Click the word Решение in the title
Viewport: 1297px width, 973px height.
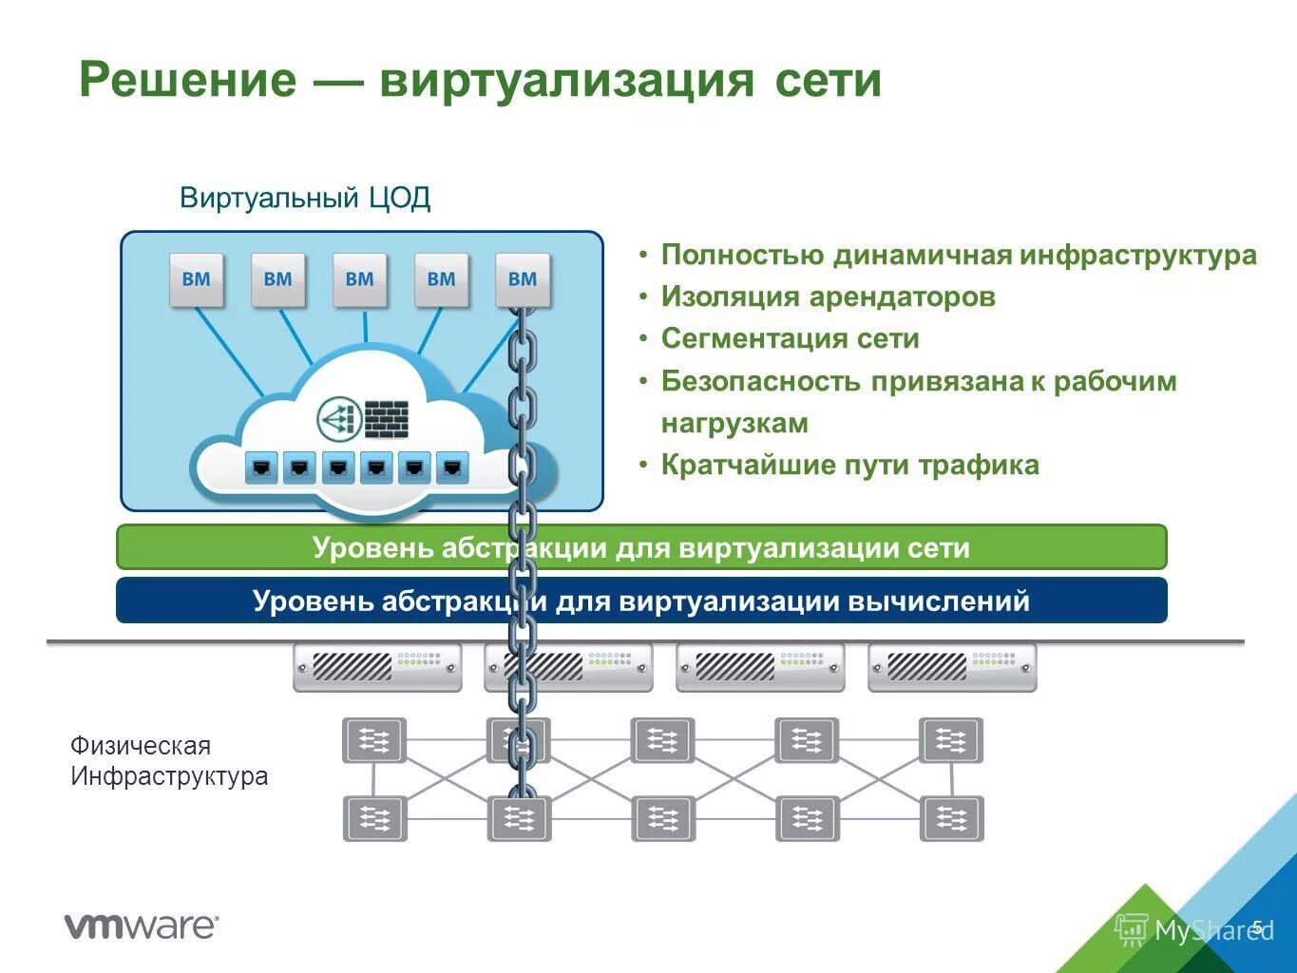(x=187, y=79)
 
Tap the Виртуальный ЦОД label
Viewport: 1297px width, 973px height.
(x=305, y=198)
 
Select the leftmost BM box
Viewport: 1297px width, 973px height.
(x=197, y=279)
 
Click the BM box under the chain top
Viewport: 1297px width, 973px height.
(x=523, y=279)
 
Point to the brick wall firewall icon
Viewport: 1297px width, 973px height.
(x=386, y=419)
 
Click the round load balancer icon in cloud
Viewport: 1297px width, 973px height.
(x=339, y=418)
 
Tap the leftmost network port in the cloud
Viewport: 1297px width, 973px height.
(x=261, y=467)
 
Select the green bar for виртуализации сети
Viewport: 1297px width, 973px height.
(x=640, y=548)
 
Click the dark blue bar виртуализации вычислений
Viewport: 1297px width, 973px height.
(x=640, y=601)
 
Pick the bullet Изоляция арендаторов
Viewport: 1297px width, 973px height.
(x=828, y=297)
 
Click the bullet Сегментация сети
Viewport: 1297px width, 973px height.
(x=790, y=339)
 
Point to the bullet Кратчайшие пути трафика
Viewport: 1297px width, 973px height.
(x=849, y=466)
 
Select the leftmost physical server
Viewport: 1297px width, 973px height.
(x=377, y=667)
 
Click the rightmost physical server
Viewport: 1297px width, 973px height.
(x=952, y=667)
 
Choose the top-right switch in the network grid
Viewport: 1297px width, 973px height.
(x=950, y=740)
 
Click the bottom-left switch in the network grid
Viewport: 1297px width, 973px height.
(x=374, y=818)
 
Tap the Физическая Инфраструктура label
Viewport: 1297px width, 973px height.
(x=169, y=761)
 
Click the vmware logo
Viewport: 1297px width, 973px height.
(x=142, y=925)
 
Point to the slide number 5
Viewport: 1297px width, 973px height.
(x=1257, y=926)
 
